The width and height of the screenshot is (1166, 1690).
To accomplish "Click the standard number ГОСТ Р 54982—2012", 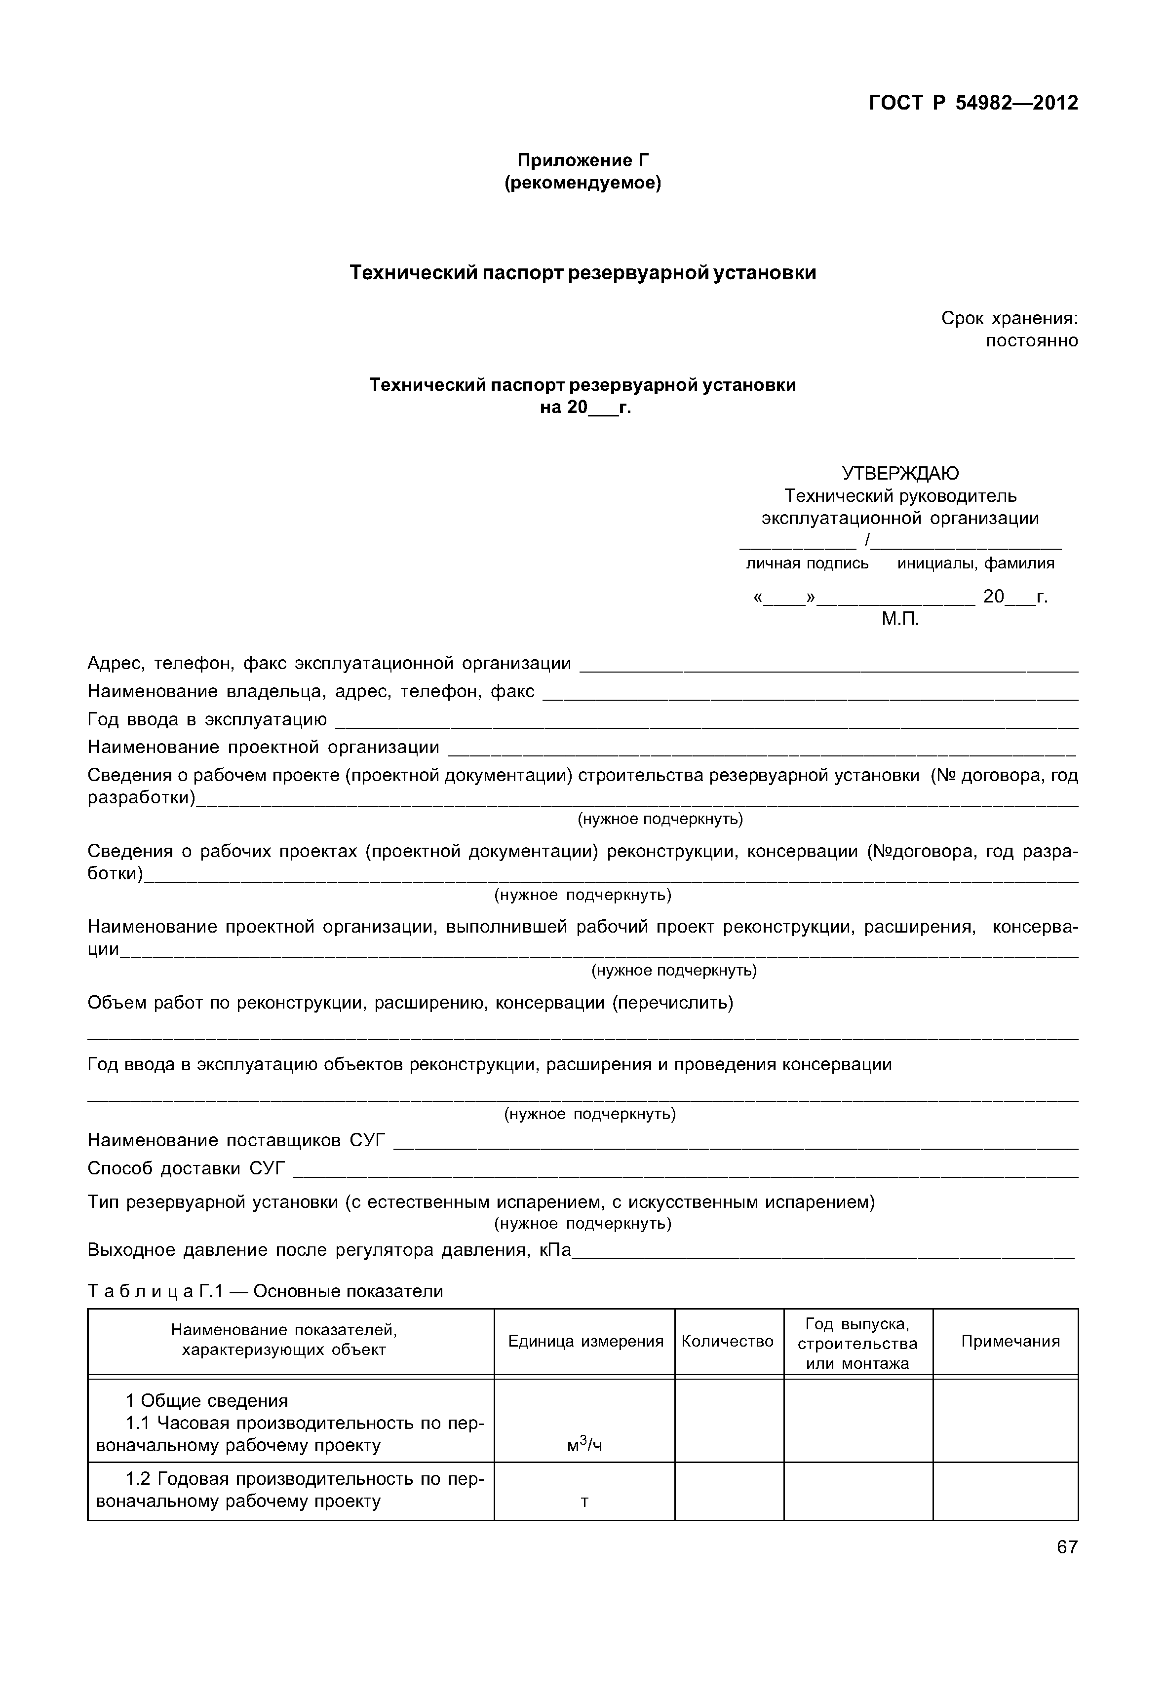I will (972, 103).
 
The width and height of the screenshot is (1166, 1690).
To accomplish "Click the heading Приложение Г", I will (583, 160).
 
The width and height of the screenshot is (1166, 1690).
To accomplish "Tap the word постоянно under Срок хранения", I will (1032, 341).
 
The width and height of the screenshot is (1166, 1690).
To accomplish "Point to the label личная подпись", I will (807, 563).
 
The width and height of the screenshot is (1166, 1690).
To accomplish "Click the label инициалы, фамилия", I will (975, 563).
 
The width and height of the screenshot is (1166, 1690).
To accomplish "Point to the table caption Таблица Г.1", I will (265, 1291).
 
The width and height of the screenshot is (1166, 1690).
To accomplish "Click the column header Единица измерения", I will (585, 1341).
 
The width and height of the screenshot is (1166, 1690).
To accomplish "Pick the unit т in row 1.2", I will (584, 1502).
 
